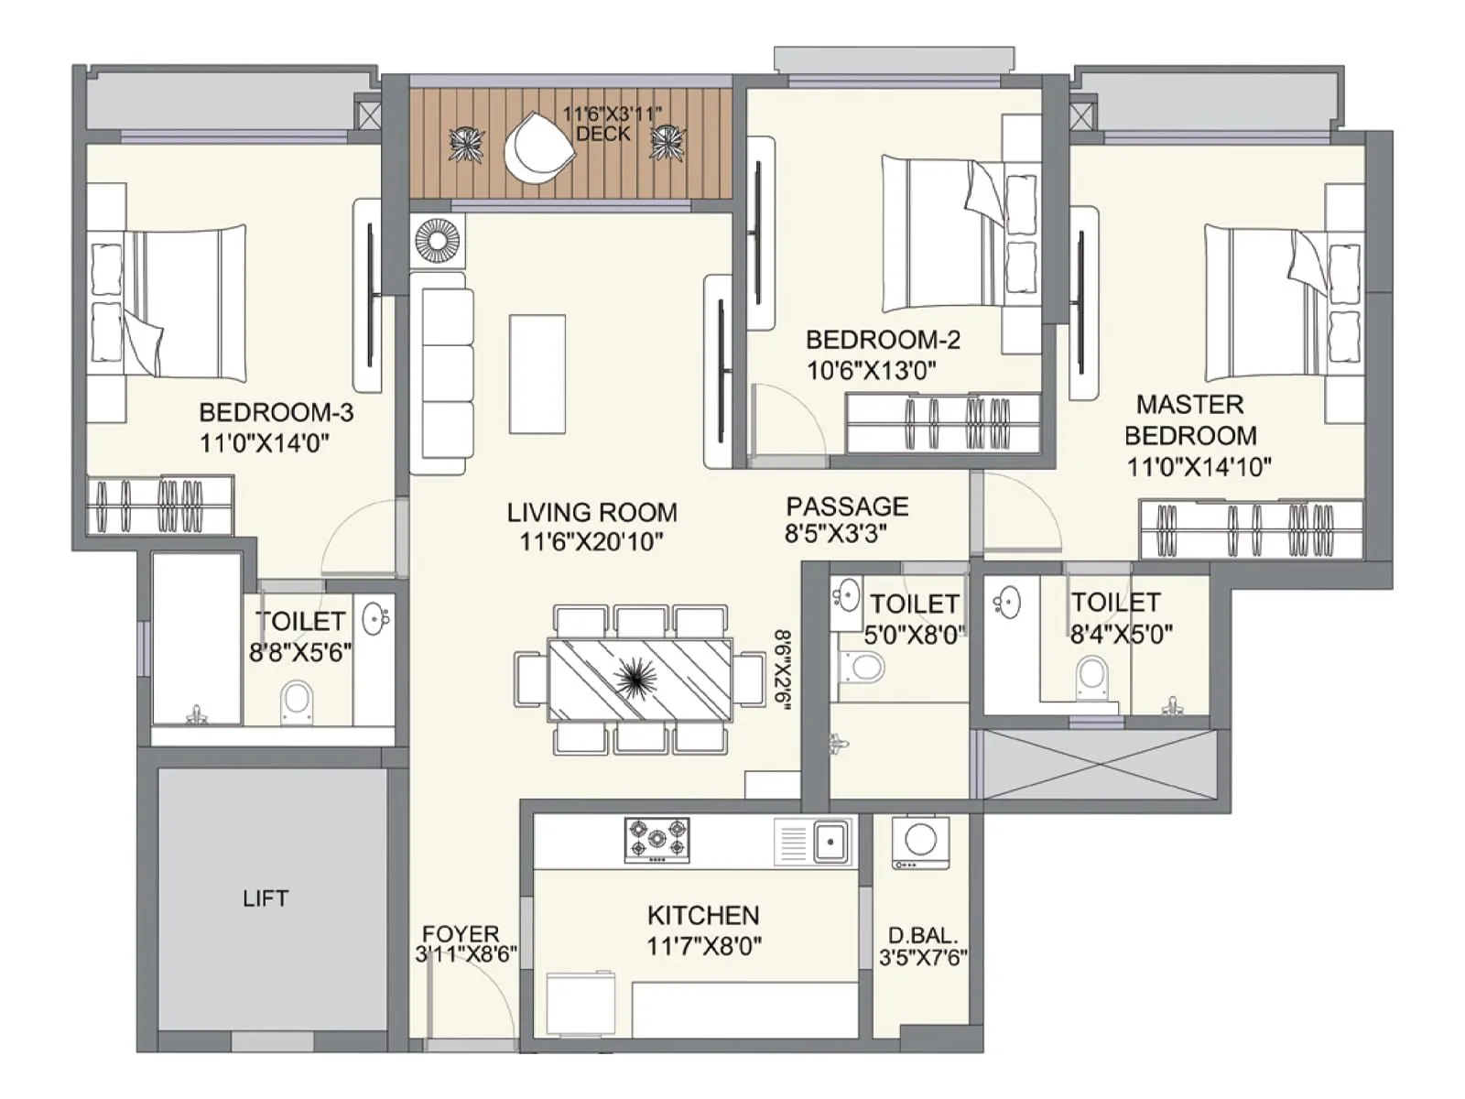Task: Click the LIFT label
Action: pos(266,898)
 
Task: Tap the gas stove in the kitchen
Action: pos(657,840)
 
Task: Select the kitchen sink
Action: pos(830,840)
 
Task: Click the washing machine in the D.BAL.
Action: pos(920,841)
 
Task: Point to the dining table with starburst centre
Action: pos(639,679)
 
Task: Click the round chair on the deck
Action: pos(537,147)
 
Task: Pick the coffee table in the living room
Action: pos(537,374)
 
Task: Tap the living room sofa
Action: pos(441,380)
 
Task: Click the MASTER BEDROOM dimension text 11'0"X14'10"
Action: pos(1199,467)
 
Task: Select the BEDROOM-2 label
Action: pos(883,340)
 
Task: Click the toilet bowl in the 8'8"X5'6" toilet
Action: pos(296,702)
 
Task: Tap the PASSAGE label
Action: pos(847,506)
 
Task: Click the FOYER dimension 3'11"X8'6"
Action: pos(466,954)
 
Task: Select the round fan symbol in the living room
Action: pos(437,240)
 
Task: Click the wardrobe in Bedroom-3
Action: pos(160,505)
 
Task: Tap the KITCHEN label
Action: pos(703,915)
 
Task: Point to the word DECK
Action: pos(602,134)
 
